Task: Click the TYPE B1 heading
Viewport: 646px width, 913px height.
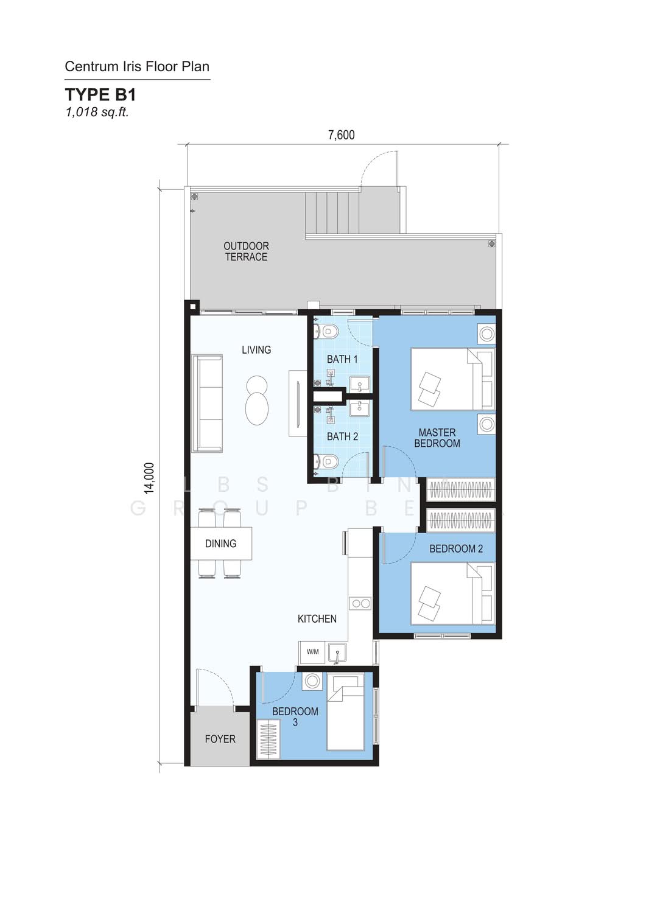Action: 100,94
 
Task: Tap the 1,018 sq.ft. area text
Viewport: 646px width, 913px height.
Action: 97,112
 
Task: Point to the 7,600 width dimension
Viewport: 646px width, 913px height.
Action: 342,135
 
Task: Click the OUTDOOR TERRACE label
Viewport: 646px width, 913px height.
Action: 247,251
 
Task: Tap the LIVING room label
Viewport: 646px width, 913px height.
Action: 256,350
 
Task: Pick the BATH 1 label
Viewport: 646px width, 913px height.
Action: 342,359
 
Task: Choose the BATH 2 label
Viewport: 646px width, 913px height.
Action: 342,436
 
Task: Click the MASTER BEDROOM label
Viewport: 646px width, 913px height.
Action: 437,438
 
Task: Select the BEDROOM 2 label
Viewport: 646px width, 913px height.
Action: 456,548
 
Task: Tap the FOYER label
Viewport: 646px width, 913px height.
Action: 220,739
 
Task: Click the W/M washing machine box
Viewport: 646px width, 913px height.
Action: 312,652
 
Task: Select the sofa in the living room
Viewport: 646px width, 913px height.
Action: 208,404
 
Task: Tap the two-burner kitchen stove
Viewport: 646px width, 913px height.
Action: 360,603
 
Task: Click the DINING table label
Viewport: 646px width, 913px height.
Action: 220,544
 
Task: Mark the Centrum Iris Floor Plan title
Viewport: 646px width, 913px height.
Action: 137,66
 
